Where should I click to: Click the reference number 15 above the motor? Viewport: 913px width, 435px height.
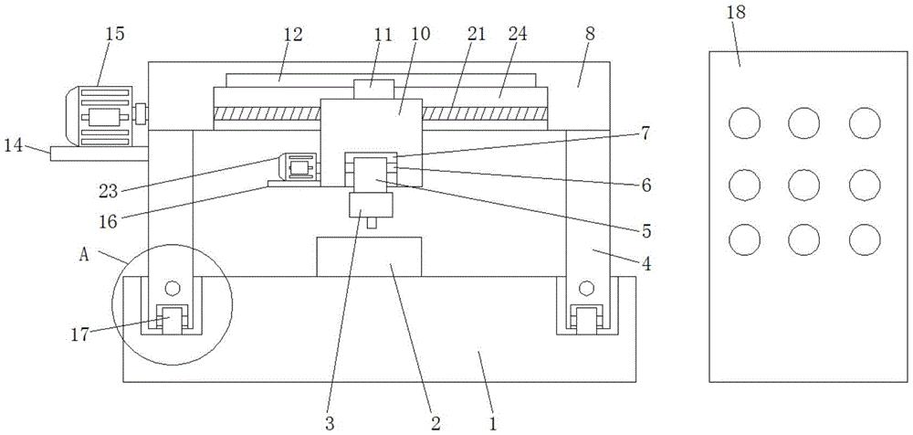[115, 33]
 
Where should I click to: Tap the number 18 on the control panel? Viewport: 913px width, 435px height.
[736, 13]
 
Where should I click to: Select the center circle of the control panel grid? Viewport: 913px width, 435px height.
[804, 185]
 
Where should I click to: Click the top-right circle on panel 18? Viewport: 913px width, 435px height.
[865, 123]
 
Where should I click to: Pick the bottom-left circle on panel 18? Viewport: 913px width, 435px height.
[745, 239]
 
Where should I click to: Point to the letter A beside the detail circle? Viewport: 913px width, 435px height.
[84, 255]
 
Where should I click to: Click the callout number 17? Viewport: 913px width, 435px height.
[81, 335]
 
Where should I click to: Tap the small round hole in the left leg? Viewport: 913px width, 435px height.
[173, 288]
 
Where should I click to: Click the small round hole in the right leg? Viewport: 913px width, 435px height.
[586, 288]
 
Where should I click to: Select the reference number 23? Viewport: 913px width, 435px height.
[110, 191]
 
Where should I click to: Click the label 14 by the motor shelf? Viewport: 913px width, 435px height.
[15, 145]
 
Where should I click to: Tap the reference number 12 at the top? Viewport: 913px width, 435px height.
[293, 34]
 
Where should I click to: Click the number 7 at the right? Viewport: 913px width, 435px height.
[645, 133]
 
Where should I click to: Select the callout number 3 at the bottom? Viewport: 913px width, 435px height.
[331, 422]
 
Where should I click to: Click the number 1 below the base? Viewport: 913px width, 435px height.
[493, 422]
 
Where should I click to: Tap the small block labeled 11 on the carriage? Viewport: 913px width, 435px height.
[374, 90]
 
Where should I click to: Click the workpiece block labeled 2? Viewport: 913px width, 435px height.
[369, 257]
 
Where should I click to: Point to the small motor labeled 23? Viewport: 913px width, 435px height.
[299, 167]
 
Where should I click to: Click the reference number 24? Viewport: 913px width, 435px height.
[517, 34]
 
